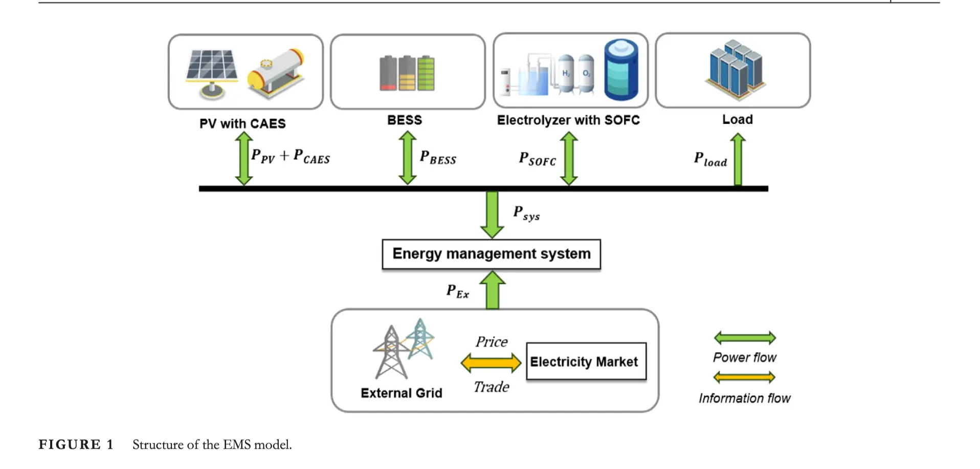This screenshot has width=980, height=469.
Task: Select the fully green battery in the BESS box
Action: tap(426, 73)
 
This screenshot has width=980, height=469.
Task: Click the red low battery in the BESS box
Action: tap(388, 73)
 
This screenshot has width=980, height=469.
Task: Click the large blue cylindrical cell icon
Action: tap(620, 70)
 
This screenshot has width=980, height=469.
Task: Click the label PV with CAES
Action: tap(242, 123)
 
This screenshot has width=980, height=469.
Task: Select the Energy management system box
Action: tap(491, 254)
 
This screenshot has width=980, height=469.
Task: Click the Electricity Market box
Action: tap(586, 361)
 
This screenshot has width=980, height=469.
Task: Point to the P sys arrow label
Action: tap(526, 212)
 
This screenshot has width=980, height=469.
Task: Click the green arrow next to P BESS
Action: tap(407, 157)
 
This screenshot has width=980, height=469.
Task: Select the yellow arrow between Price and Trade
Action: tap(491, 363)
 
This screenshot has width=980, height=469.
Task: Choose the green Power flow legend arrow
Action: tap(745, 337)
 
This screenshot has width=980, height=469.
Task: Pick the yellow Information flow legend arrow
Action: tap(745, 378)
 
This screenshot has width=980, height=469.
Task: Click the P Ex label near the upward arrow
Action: tap(457, 291)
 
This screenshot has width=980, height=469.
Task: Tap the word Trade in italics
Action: tap(491, 387)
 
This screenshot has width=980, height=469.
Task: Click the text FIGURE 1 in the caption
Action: tap(76, 444)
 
